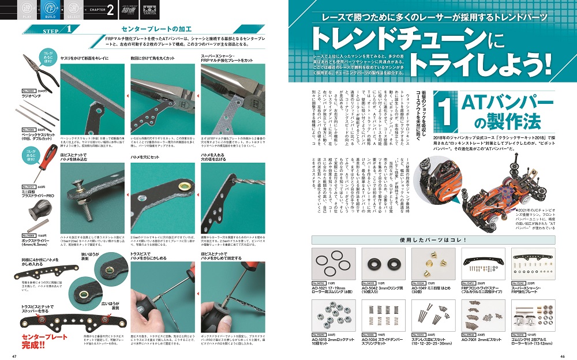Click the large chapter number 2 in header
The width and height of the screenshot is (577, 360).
(x=109, y=12)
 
